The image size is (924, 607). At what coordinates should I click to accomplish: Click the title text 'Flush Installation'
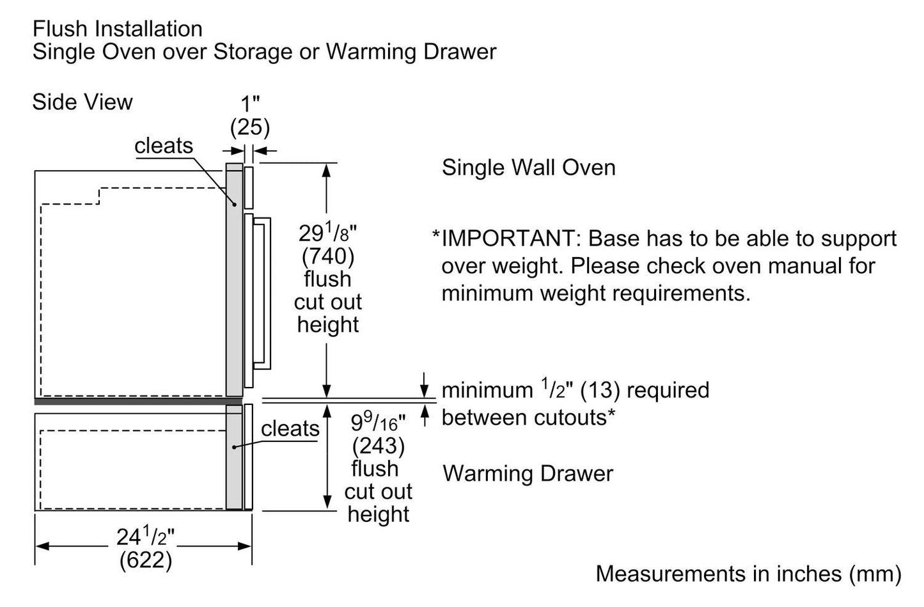117,29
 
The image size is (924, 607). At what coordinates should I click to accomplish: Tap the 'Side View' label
82,102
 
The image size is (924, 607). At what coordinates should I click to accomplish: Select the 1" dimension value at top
250,104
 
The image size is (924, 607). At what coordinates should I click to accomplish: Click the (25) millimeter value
250,127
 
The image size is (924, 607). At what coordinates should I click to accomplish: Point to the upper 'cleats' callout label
164,146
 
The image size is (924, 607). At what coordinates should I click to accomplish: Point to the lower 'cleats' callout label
290,429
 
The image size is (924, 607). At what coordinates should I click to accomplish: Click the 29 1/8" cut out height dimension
327,233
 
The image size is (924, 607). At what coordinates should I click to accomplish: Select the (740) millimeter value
327,256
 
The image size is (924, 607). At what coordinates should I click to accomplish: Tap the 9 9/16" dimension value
378,422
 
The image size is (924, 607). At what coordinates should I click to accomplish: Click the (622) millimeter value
145,560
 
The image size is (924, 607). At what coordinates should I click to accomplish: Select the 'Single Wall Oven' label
528,168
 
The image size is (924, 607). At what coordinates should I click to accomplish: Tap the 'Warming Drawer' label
528,473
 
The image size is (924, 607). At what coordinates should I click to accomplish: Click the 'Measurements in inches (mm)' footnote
748,573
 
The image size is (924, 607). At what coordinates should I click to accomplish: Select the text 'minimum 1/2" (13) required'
575,390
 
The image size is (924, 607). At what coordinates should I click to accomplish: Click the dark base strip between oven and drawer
137,402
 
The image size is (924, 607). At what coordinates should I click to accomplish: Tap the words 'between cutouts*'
528,418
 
